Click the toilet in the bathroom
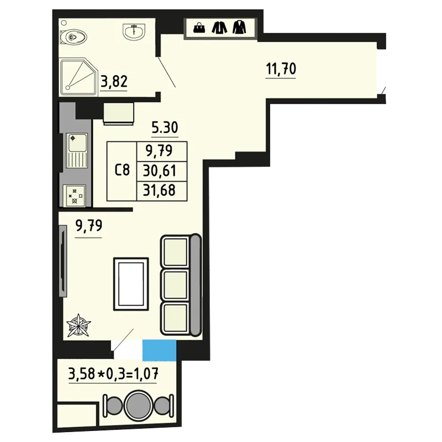73,37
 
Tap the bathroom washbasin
134,31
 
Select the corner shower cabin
79,77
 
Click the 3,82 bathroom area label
114,81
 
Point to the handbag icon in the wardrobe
199,28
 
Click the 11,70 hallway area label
281,69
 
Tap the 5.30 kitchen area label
165,128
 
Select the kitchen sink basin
77,143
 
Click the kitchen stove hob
75,196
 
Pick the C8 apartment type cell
122,170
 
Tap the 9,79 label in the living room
89,226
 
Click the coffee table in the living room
131,284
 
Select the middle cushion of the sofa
175,285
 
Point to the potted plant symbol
78,325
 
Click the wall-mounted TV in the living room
63,261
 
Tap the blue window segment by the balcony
159,350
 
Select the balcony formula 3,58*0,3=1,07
113,374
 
